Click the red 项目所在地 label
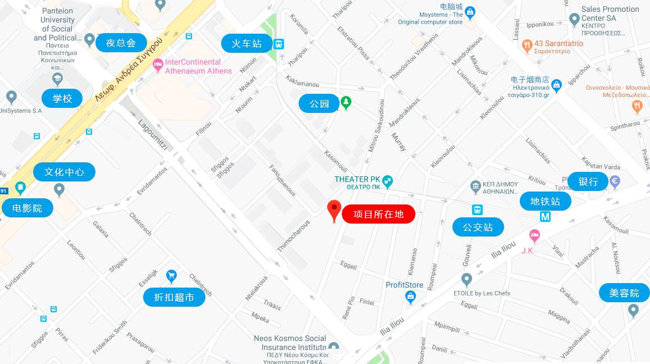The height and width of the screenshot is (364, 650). click(378, 214)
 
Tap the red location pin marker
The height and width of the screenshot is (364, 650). click(335, 210)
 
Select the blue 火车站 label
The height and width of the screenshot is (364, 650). click(246, 43)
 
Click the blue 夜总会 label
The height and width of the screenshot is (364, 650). click(121, 43)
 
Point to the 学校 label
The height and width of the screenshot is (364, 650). click(62, 98)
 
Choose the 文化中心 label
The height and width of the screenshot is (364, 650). click(64, 172)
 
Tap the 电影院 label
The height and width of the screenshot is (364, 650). click(27, 208)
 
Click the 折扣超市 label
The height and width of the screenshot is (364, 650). click(173, 297)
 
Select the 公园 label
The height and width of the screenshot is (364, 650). click(319, 103)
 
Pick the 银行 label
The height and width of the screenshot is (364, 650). click(588, 181)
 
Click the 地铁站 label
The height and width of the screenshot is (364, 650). click(545, 201)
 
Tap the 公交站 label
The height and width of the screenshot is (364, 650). click(478, 227)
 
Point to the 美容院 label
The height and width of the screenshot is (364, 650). click(624, 293)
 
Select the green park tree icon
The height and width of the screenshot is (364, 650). click(347, 102)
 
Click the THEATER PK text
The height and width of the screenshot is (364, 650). click(358, 179)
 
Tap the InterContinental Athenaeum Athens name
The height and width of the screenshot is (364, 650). click(198, 66)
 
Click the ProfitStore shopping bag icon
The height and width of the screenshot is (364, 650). click(410, 297)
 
